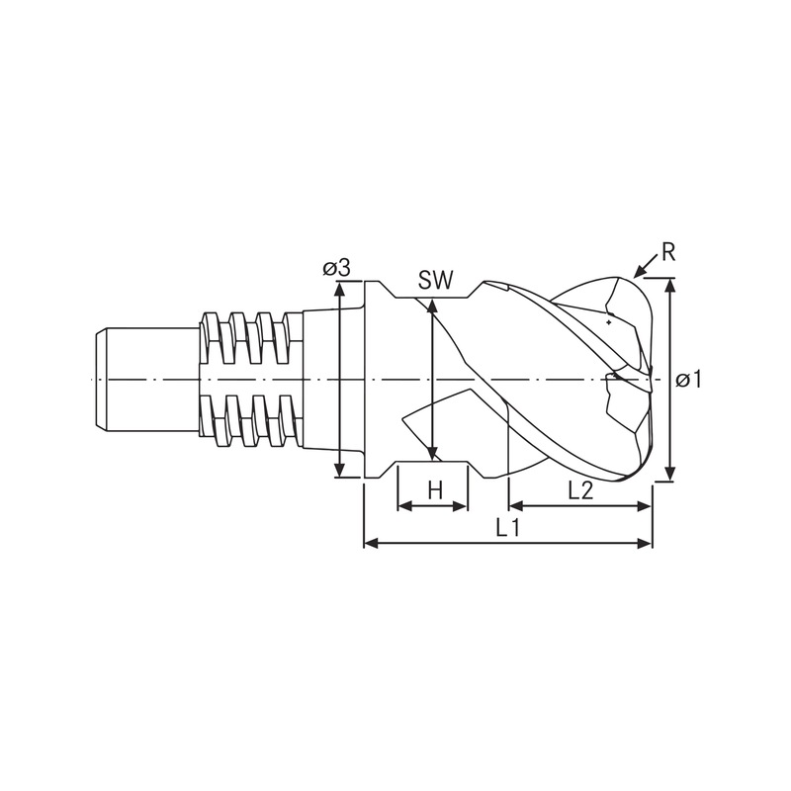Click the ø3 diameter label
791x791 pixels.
336,268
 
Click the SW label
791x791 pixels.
436,281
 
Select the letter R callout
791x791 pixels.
668,253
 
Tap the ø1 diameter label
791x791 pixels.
688,380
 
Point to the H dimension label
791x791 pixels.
435,489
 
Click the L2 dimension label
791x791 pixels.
580,489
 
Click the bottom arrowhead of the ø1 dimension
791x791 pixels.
669,474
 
